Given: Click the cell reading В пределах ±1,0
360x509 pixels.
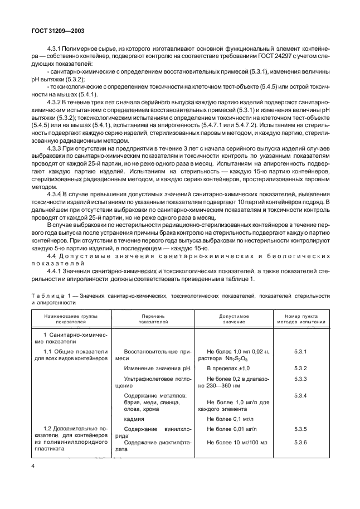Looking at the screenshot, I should (x=228, y=369).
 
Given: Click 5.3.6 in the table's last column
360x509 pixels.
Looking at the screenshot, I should (x=300, y=442).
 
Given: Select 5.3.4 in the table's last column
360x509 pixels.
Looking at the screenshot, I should (x=300, y=395).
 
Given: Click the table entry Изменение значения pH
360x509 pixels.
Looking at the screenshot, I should (x=153, y=369).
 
